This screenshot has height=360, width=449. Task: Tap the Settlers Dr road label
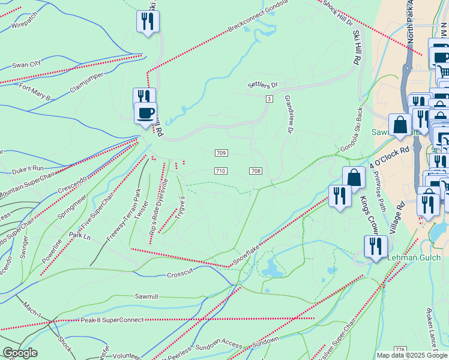(263, 86)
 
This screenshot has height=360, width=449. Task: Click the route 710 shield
(220, 171)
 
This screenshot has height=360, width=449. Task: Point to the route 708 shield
(256, 171)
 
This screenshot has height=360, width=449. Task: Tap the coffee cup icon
(145, 113)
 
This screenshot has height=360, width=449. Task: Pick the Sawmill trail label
(146, 296)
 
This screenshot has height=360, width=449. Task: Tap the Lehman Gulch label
(414, 257)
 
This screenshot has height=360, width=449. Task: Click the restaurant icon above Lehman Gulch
(376, 246)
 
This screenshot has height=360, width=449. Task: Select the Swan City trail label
(26, 64)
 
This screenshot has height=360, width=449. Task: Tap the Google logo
(20, 353)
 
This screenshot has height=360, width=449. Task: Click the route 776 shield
(400, 349)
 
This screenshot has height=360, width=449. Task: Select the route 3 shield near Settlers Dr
(270, 98)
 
